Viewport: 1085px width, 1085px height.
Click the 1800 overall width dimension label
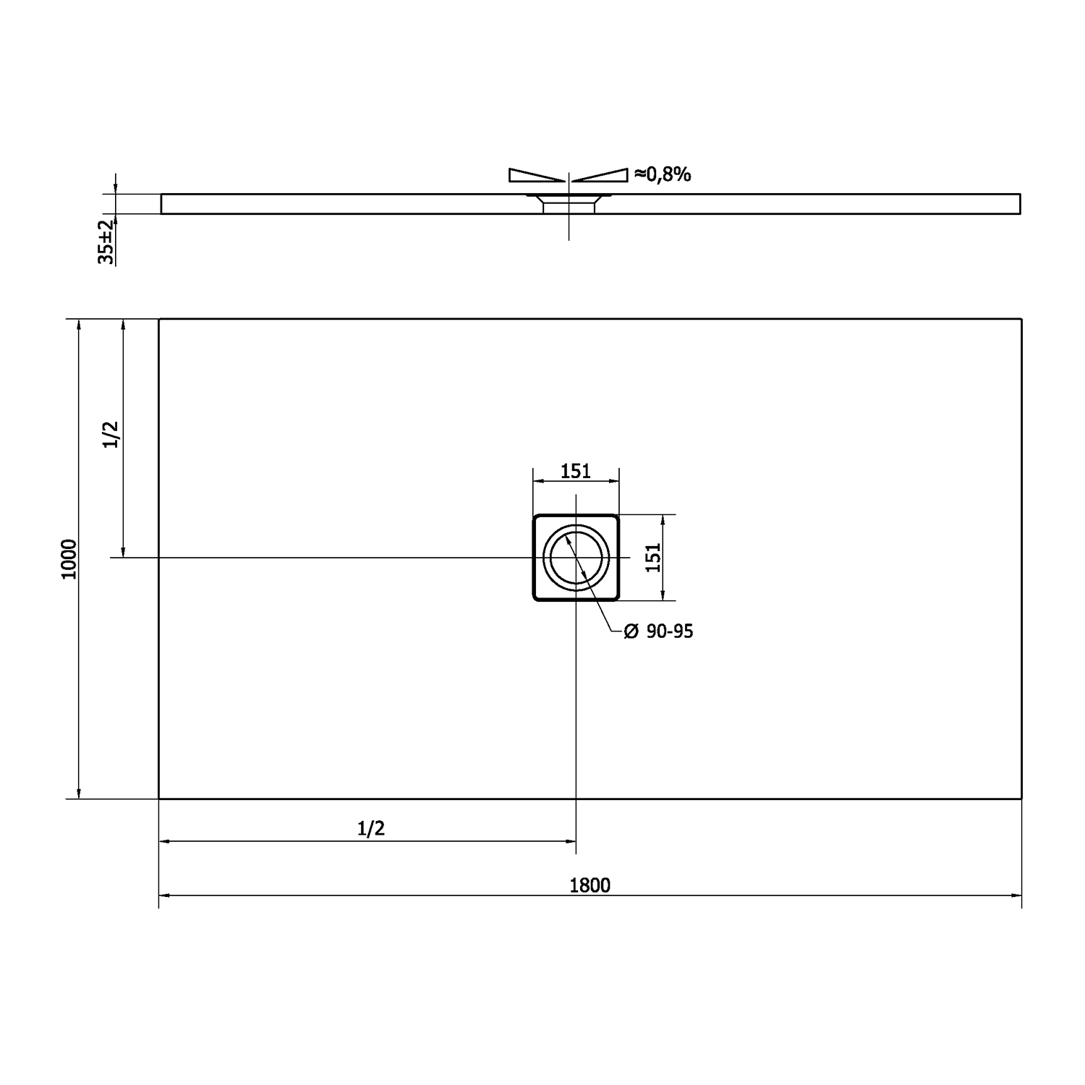[590, 885]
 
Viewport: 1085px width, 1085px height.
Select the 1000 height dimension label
[69, 559]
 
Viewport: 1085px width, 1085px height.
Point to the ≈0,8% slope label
[663, 174]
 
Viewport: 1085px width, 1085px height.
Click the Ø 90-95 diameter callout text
[658, 631]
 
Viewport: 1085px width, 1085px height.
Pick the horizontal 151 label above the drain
[576, 471]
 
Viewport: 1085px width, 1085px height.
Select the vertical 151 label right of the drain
[653, 558]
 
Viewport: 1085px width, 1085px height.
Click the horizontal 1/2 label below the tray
[371, 828]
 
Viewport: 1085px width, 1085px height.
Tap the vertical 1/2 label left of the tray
[111, 434]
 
